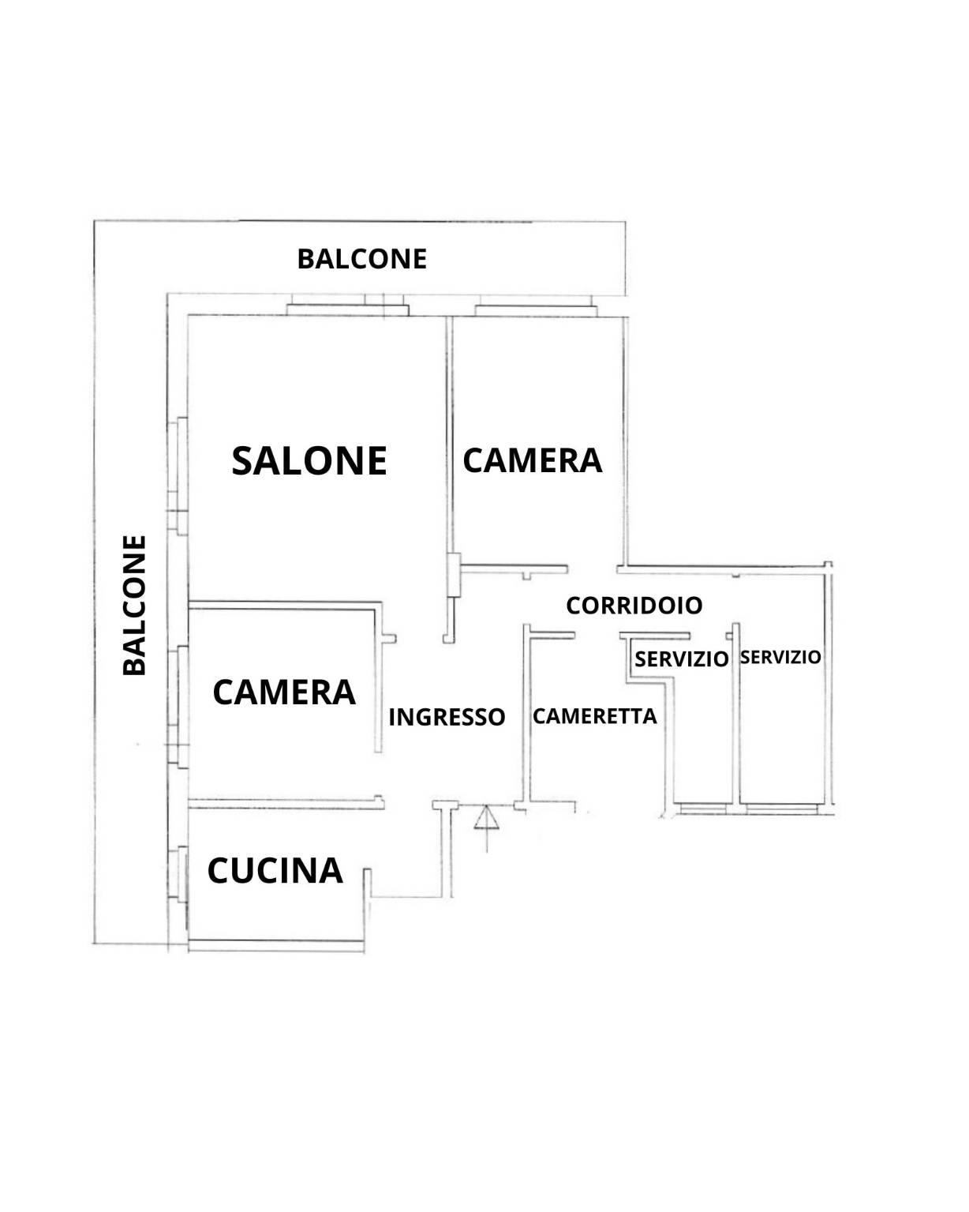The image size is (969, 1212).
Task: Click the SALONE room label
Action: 309,460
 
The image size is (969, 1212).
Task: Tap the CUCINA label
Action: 275,870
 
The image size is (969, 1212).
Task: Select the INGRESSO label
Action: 447,717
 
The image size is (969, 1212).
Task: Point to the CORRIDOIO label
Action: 634,606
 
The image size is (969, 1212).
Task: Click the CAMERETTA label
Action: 594,716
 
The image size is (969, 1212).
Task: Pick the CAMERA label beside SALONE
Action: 532,460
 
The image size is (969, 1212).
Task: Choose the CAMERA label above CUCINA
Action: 284,692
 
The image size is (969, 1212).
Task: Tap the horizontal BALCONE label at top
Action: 362,259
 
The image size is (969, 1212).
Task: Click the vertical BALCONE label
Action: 135,605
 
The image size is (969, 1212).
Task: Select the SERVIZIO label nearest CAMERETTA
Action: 681,659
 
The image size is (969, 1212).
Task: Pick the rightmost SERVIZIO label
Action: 780,657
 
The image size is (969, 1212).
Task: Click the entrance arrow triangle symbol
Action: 486,817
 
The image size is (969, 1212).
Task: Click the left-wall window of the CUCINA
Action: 181,875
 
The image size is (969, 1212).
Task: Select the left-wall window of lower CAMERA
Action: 181,706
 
